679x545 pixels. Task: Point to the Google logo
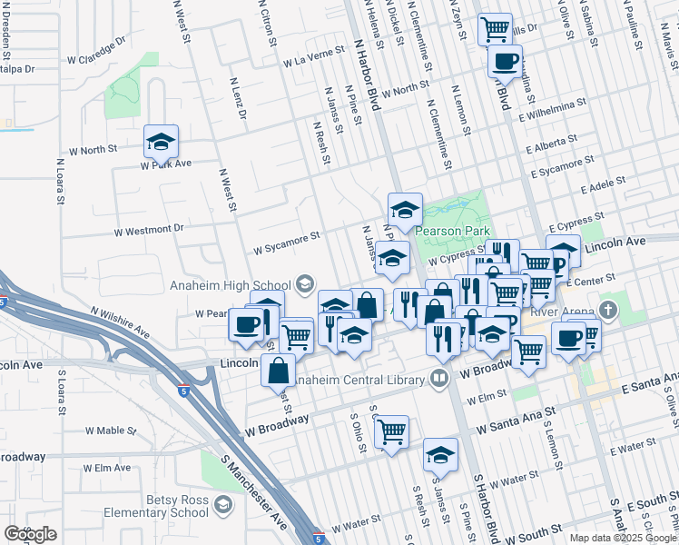coord(30,534)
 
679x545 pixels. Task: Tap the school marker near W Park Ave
coord(161,144)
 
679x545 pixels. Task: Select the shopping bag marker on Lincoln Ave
coord(278,370)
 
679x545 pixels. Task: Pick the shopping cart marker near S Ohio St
coord(391,433)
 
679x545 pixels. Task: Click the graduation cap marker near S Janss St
coord(441,456)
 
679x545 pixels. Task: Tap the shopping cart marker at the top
coord(495,30)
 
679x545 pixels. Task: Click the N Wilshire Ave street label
coord(119,319)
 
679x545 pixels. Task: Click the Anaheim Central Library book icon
coord(440,376)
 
